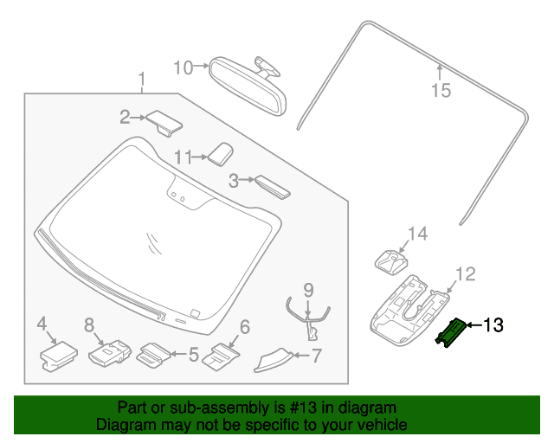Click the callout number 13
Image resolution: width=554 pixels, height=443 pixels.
pos(493,326)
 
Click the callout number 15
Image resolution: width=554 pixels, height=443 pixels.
pos(441,89)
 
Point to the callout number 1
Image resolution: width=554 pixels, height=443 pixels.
pos(141,81)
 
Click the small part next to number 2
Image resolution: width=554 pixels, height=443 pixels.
pos(164,122)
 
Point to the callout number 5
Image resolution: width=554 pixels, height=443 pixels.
pos(194,353)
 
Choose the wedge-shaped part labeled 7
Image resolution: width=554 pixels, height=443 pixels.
pos(274,358)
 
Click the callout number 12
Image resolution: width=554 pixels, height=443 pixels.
pos(465,274)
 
